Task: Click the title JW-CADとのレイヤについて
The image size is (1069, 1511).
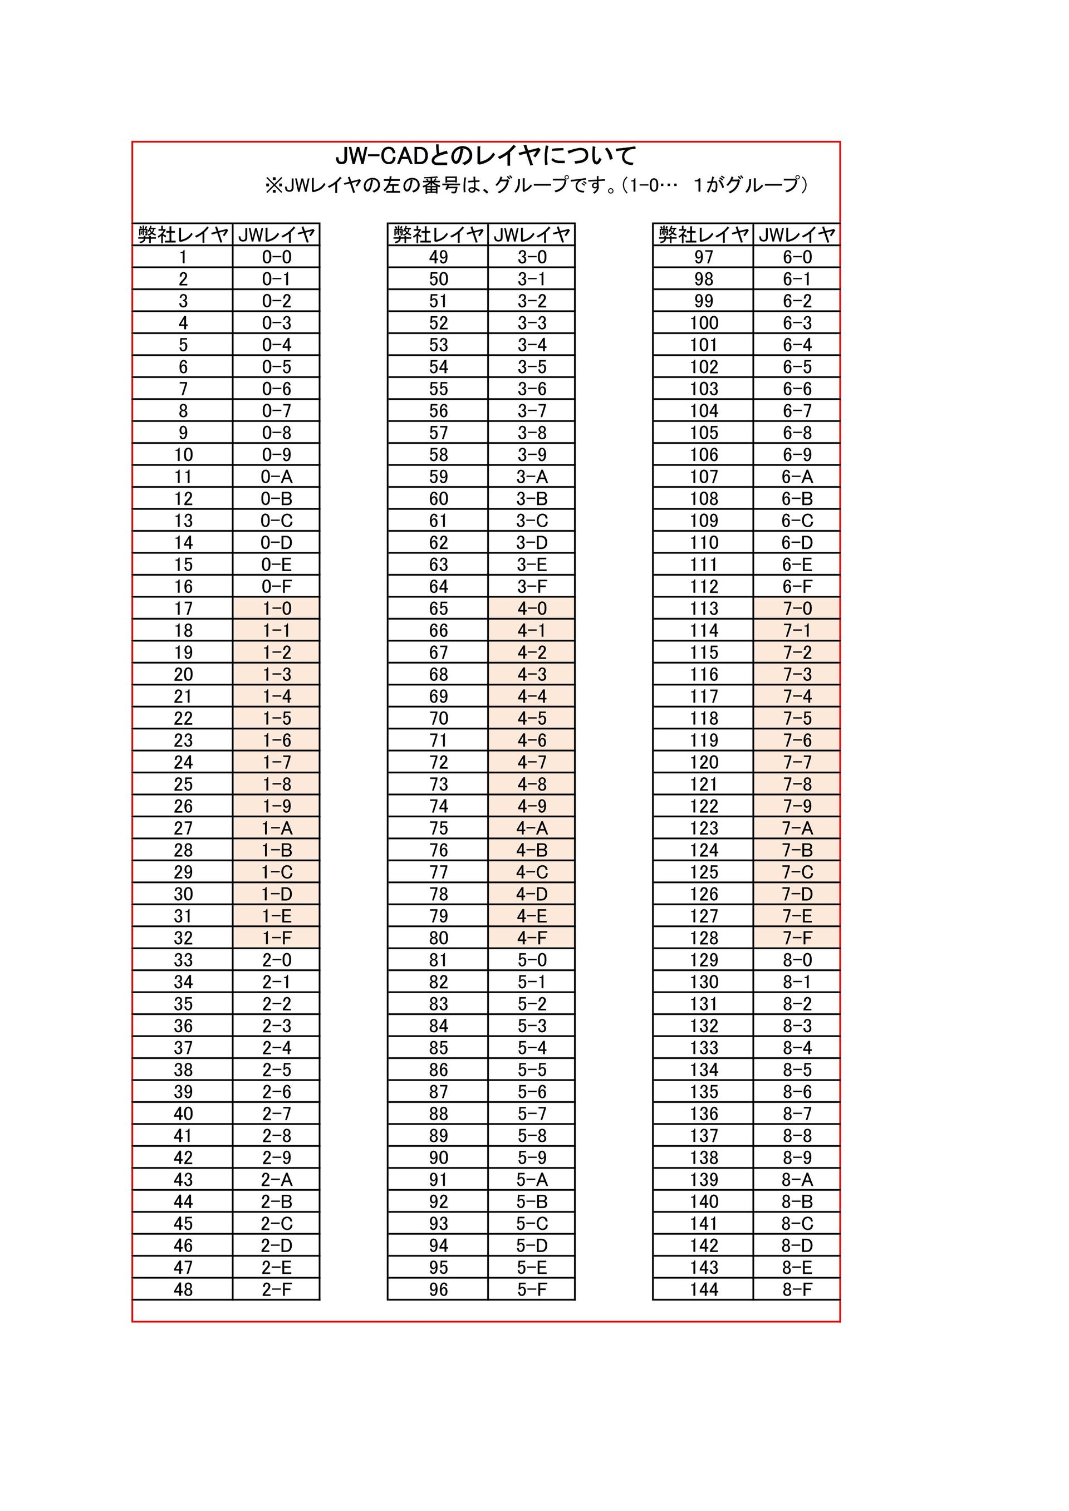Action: [x=486, y=156]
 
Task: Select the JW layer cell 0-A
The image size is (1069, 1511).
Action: [x=277, y=477]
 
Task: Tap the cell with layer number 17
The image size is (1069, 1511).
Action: [x=183, y=608]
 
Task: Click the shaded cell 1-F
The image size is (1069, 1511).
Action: [x=277, y=938]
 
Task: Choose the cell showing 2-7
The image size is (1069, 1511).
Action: [x=277, y=1113]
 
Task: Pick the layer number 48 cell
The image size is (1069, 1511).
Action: [x=183, y=1289]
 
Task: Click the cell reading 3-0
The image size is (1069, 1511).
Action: [x=532, y=257]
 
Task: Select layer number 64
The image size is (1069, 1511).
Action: [x=438, y=586]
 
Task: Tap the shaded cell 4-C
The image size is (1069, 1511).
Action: [x=532, y=872]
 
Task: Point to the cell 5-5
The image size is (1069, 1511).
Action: [x=532, y=1070]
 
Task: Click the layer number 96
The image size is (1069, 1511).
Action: [x=438, y=1289]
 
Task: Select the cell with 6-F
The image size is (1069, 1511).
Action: [x=797, y=586]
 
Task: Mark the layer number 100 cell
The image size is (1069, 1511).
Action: [x=704, y=322]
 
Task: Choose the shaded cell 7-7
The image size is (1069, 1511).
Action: [x=797, y=762]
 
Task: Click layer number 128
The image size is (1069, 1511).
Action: [x=704, y=938]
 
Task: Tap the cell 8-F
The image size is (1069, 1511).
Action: [x=797, y=1289]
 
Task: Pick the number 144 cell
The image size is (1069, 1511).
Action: [x=704, y=1289]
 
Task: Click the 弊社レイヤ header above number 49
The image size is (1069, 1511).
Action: [x=438, y=234]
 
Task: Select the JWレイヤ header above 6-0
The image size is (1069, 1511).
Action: [x=797, y=234]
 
